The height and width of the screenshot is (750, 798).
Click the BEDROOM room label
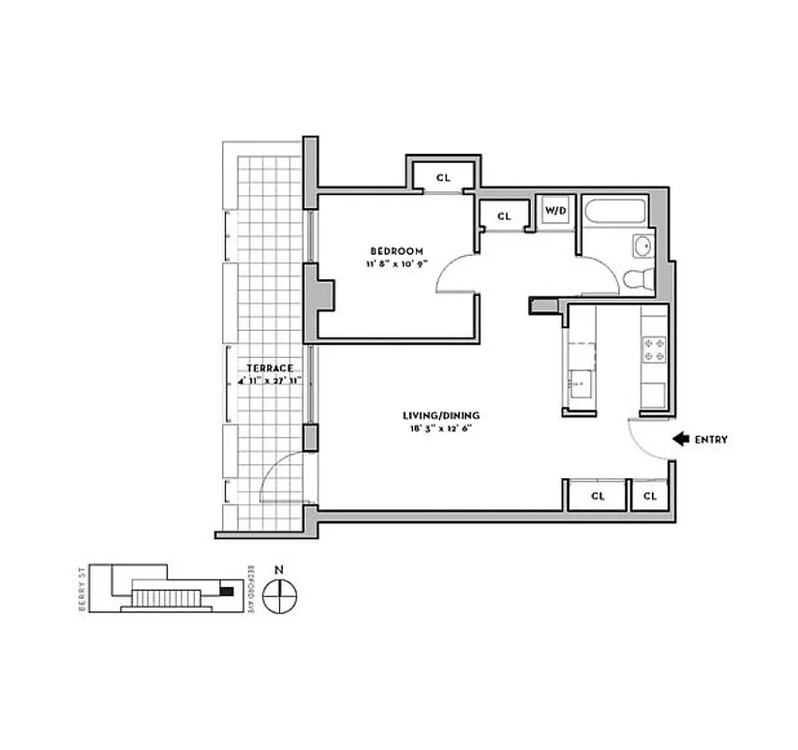click(396, 251)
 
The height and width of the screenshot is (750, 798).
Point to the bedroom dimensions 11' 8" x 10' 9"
click(396, 264)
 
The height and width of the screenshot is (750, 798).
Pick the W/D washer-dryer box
click(555, 211)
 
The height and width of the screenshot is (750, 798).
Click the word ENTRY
click(711, 439)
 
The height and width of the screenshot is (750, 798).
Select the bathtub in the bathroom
click(615, 214)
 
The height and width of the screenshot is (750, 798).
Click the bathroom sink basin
click(643, 247)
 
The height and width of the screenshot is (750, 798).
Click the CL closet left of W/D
click(504, 216)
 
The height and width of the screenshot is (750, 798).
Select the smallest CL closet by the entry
click(650, 495)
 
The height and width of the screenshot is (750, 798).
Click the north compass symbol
click(279, 594)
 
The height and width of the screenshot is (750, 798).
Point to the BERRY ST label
click(83, 591)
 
